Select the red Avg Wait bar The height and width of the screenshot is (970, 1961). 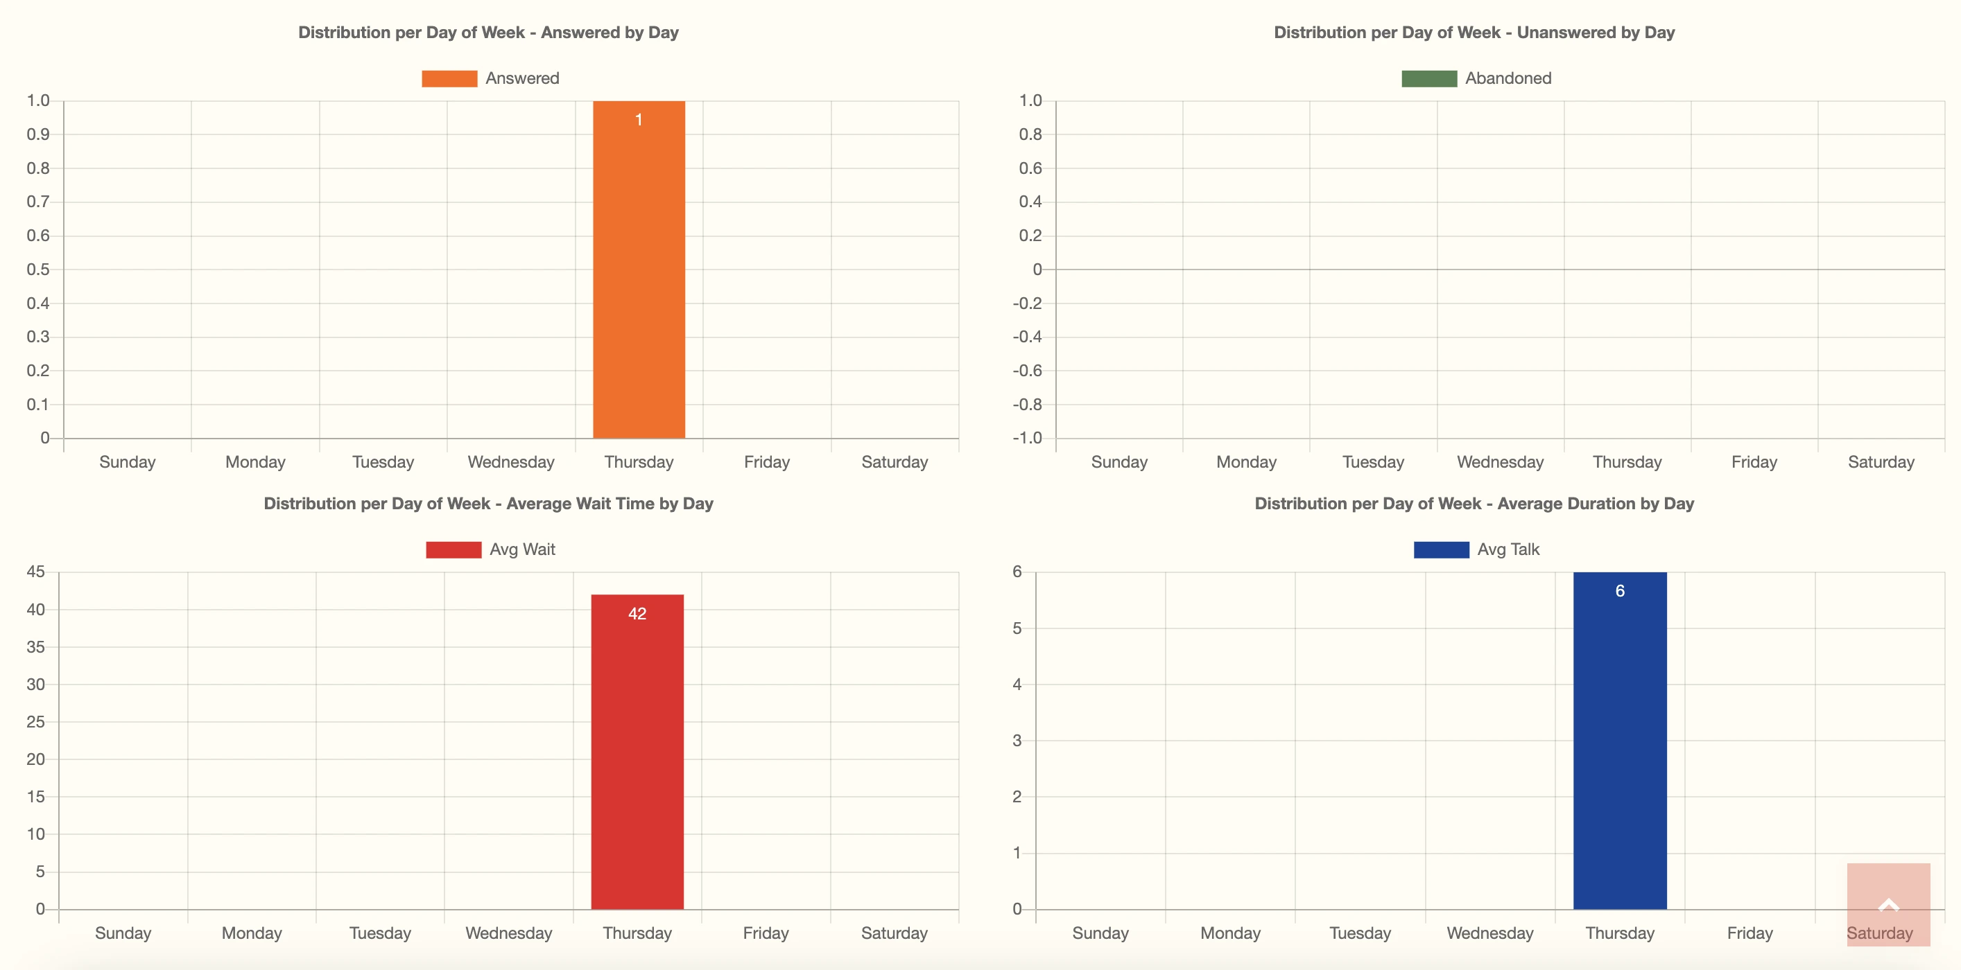637,761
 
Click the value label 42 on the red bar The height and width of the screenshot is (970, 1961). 637,614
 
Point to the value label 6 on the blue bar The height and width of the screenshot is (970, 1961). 1619,591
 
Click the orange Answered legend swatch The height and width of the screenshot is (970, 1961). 449,78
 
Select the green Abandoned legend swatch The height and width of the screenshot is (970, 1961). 1428,78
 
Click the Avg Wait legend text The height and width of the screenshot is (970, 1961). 522,549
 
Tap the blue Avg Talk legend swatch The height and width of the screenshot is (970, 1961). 1440,549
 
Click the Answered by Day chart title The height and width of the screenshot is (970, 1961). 488,33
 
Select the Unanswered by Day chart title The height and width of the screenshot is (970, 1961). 1474,33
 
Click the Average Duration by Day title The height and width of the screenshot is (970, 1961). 1474,504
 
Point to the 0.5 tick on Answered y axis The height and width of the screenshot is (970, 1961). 38,270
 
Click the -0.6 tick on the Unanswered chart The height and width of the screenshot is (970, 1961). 1028,371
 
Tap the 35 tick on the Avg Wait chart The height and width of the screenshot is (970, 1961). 36,646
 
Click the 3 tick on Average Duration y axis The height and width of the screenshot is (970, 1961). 1017,740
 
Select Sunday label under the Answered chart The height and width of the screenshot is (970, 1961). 127,462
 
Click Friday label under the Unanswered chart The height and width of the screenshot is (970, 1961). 1753,462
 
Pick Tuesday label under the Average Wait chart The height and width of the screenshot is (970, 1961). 380,933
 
